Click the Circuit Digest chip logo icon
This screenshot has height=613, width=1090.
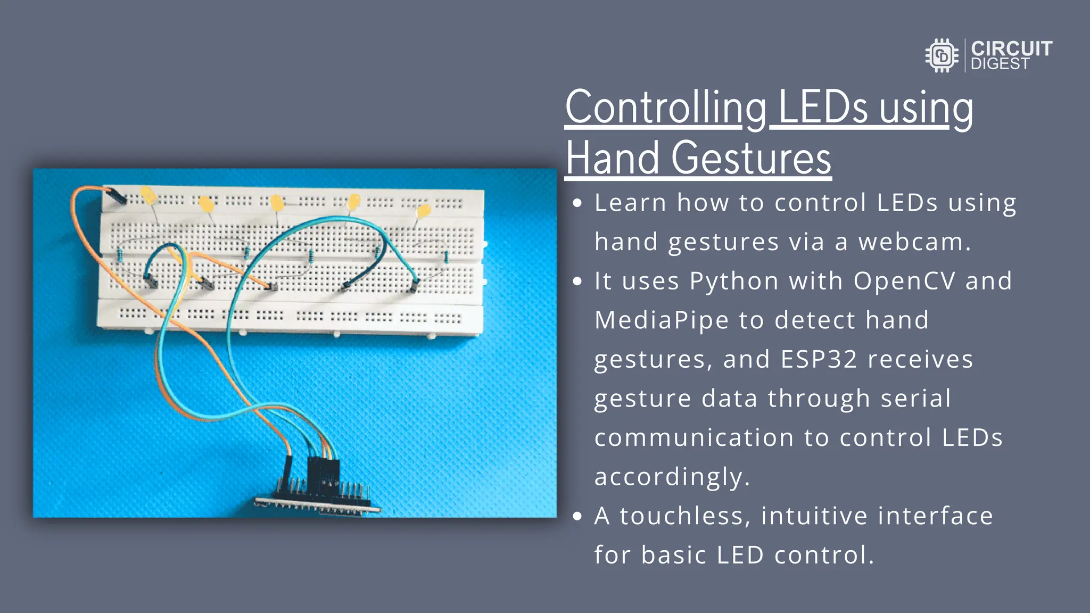click(x=942, y=55)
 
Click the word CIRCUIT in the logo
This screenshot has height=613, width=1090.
click(x=1011, y=48)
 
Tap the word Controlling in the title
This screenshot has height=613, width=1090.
click(x=665, y=109)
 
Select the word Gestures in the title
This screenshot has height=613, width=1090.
click(x=751, y=159)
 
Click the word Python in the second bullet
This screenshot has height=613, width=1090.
click(x=734, y=281)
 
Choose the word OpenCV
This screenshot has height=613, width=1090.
click(x=904, y=281)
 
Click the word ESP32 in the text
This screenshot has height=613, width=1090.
click(x=819, y=359)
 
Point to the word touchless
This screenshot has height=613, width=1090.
click(x=684, y=516)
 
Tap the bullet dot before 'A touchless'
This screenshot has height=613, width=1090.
click(x=577, y=516)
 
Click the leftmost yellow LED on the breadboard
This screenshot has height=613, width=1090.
click(x=148, y=195)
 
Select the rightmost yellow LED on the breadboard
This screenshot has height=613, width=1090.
click(x=424, y=211)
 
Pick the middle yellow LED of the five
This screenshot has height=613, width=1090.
click(x=277, y=202)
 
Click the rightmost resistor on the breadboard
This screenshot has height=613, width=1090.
click(x=446, y=258)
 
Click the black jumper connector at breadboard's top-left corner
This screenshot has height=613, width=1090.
click(x=116, y=197)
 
